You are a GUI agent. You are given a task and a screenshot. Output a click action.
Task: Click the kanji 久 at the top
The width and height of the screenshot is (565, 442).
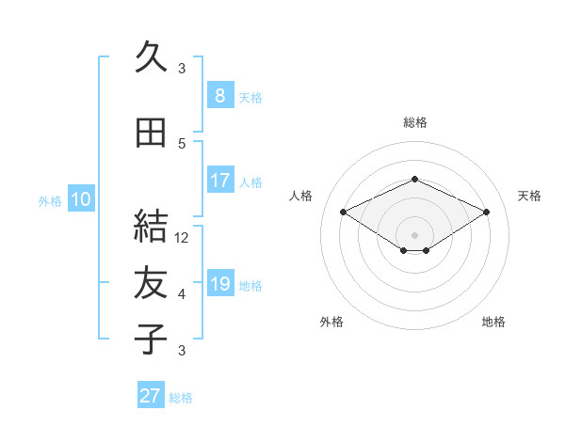(x=151, y=56)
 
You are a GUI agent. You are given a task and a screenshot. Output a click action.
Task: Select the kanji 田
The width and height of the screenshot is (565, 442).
(x=151, y=133)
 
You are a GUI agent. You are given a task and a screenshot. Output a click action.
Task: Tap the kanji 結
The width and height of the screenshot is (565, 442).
(x=151, y=226)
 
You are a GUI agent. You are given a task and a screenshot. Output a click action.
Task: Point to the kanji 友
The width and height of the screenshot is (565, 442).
(x=151, y=282)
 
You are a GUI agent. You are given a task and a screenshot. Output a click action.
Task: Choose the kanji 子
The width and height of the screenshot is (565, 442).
(x=151, y=339)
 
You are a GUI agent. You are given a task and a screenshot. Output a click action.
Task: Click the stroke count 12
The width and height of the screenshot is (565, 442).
(x=181, y=238)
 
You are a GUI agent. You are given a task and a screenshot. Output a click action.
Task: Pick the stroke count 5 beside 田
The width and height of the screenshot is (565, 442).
(x=182, y=144)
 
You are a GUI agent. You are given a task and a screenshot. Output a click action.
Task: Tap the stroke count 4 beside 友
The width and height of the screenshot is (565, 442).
(x=182, y=294)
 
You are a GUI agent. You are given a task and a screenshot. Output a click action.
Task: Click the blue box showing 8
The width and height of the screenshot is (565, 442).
(x=220, y=95)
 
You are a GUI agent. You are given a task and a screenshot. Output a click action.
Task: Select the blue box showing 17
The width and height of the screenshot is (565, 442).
(x=220, y=180)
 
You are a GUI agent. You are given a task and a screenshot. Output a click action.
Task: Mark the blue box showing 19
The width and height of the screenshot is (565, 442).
(x=220, y=282)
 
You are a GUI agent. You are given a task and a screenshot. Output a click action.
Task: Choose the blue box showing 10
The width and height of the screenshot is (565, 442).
(x=81, y=198)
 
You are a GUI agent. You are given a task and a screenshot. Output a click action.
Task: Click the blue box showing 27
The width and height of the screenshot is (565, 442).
(x=151, y=394)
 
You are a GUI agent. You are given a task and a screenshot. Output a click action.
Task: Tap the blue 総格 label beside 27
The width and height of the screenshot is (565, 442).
(x=181, y=398)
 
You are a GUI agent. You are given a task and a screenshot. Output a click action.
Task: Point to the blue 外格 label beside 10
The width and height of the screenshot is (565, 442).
(x=50, y=201)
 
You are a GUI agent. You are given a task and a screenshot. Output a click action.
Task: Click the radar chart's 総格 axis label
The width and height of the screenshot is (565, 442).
(x=415, y=122)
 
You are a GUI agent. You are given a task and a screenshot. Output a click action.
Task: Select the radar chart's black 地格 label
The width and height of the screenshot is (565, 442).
(x=493, y=322)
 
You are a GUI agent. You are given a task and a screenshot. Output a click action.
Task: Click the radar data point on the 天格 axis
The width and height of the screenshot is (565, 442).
(x=486, y=212)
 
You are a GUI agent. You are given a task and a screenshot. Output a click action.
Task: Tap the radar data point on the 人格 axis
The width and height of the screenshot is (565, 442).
(x=343, y=212)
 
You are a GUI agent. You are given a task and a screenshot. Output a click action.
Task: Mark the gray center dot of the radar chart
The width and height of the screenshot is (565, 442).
(x=414, y=235)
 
